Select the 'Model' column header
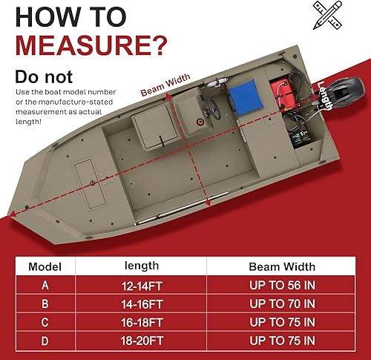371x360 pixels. (45, 266)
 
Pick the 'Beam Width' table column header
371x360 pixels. (282, 266)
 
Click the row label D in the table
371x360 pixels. (45, 343)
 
